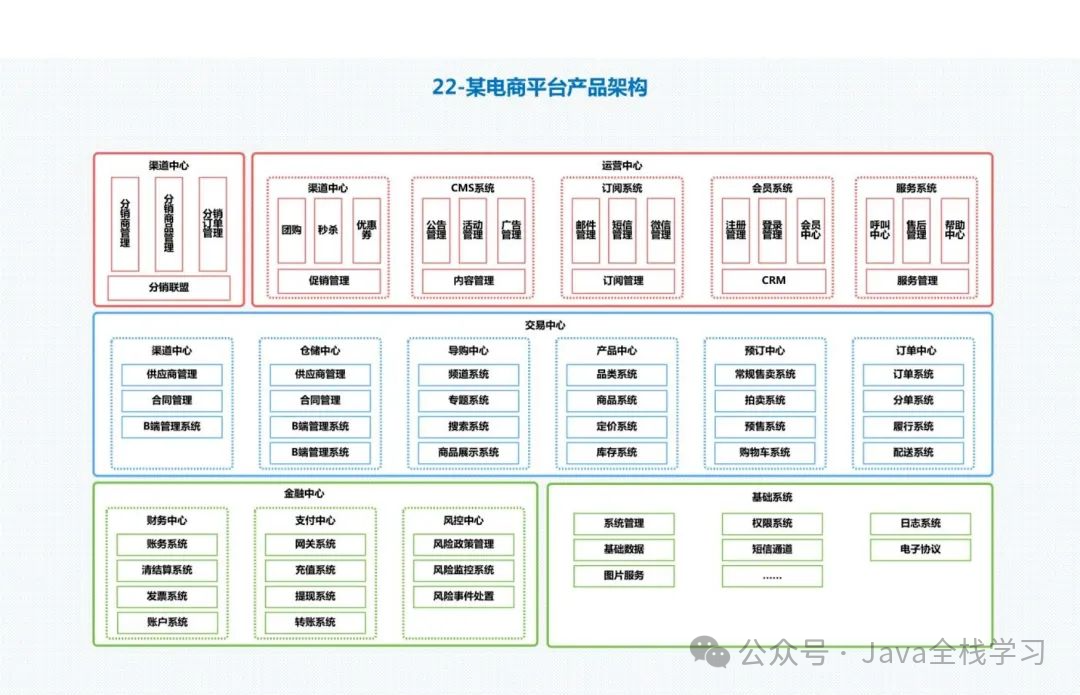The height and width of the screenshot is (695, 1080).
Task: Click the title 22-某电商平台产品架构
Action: click(540, 87)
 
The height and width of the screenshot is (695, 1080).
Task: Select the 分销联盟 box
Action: click(169, 288)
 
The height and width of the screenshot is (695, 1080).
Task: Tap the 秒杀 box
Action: click(328, 230)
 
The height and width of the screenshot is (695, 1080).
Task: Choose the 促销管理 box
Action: click(328, 281)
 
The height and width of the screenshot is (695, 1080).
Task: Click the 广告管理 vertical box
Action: click(511, 230)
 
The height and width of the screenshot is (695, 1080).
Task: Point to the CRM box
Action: click(774, 281)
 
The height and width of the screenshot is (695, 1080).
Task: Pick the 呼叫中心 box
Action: click(880, 230)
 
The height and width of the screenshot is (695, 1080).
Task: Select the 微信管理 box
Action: click(660, 230)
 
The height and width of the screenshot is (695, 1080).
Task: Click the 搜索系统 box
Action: click(468, 426)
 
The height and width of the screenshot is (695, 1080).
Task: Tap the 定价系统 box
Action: click(616, 426)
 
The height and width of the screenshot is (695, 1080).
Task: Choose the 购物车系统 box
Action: click(765, 452)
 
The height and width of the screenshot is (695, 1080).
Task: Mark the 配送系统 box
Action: click(913, 452)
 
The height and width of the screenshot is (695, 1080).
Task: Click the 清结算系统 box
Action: click(167, 570)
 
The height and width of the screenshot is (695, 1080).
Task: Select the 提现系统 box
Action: click(315, 596)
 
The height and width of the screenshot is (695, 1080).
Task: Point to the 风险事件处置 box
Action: click(463, 596)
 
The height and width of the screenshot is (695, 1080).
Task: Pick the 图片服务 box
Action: click(624, 575)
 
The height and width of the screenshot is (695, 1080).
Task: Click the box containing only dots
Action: click(772, 576)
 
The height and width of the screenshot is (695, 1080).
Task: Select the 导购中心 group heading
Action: click(468, 351)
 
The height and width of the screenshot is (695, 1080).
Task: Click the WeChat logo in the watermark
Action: click(715, 654)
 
